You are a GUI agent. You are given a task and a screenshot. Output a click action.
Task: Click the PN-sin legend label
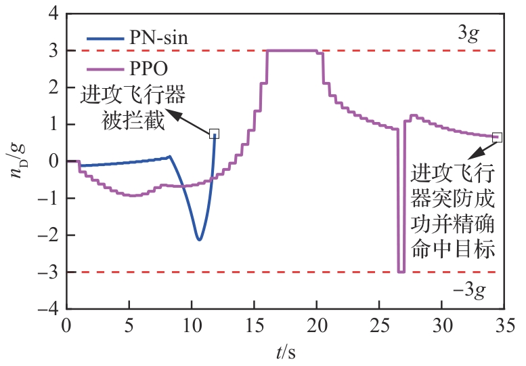(158, 38)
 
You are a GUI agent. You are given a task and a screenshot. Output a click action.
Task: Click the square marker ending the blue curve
(215, 134)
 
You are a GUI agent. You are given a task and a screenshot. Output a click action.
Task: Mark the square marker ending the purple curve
(498, 137)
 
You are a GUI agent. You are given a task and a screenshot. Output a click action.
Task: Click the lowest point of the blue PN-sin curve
(198, 239)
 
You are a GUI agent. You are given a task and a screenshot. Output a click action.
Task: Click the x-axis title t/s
(286, 352)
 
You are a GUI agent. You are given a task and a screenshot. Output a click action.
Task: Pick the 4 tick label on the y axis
(52, 14)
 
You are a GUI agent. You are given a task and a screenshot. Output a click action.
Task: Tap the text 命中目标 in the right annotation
(453, 249)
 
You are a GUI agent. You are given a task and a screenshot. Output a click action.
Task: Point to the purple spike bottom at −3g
(401, 271)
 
